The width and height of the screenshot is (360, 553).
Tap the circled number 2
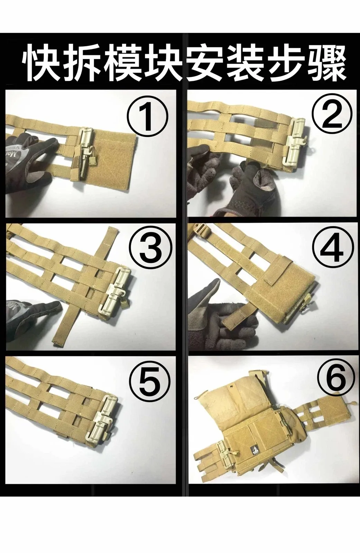331,116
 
